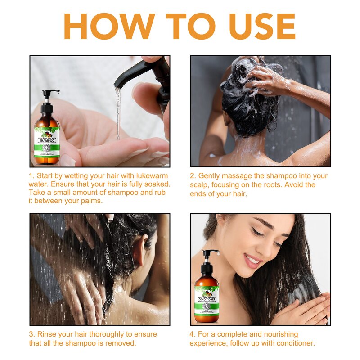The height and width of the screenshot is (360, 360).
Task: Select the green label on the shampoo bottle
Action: coord(47,142)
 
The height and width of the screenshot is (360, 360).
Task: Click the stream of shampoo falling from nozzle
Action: coord(118,112)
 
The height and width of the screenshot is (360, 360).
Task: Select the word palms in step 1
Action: coord(91,201)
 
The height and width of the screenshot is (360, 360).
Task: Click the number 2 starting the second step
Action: coord(192,176)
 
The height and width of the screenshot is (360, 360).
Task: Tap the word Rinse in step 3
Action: coord(47,334)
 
